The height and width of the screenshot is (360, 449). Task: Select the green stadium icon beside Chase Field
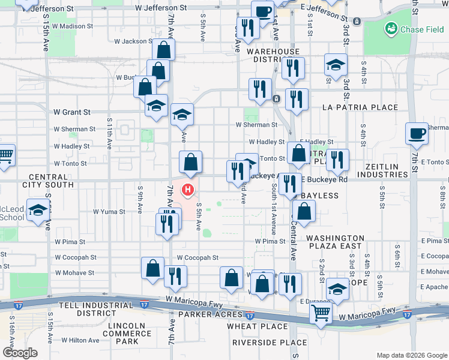click(391, 28)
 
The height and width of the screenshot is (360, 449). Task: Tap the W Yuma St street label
click(109, 212)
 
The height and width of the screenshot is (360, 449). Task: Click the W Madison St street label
click(73, 26)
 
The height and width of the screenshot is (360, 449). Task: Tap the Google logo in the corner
click(20, 353)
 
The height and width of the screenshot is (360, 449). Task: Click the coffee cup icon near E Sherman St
click(416, 134)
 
